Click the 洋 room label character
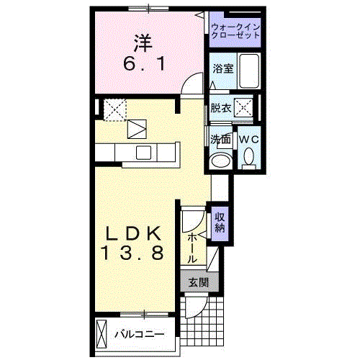tap(143, 43)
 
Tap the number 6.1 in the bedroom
tap(144, 64)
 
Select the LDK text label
tap(133, 233)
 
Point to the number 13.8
tap(133, 253)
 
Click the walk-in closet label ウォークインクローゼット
tap(235, 31)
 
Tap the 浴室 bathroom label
tap(223, 69)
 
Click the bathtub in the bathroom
tap(249, 71)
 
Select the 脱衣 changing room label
tap(221, 108)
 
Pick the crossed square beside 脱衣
tap(243, 108)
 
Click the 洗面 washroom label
tap(220, 139)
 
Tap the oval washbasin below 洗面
tap(220, 161)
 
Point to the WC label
tap(249, 139)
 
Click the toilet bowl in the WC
tap(248, 157)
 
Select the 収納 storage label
tap(220, 222)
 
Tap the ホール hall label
tap(192, 248)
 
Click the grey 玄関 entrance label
tap(199, 282)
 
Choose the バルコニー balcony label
tap(140, 334)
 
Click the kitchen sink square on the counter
tap(143, 153)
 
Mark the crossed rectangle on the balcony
tap(102, 334)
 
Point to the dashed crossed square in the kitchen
tap(114, 110)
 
